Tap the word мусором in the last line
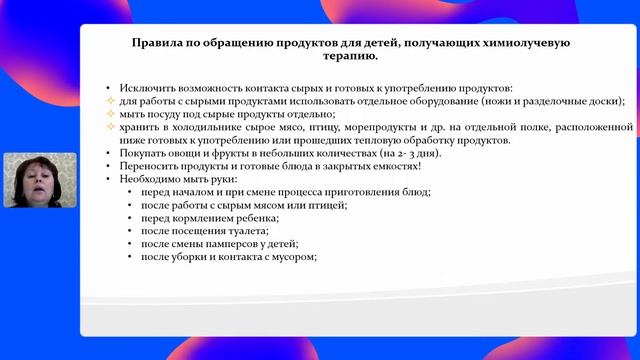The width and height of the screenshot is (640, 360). [293, 256]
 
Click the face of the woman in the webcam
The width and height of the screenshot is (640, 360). [38, 175]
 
